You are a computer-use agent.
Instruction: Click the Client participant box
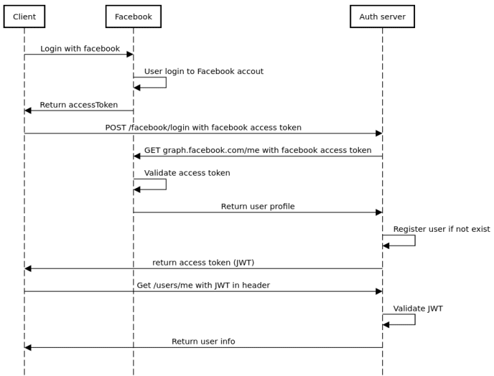tap(24, 16)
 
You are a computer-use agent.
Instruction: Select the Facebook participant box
tap(133, 16)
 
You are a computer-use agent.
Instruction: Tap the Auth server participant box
tap(382, 16)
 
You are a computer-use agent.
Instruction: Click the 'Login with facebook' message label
tap(80, 49)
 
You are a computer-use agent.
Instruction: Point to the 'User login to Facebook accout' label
tap(203, 71)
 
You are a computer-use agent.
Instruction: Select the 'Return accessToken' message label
tap(78, 105)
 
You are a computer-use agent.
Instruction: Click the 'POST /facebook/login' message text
tap(203, 128)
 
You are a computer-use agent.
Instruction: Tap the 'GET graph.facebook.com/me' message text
tap(257, 150)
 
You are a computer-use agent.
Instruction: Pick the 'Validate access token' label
tap(187, 173)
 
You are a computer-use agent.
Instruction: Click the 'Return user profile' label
tap(257, 207)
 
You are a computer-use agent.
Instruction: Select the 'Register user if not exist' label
tap(441, 229)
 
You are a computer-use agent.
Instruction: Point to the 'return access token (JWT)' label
tap(203, 263)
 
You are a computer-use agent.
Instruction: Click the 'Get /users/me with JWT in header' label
tap(203, 285)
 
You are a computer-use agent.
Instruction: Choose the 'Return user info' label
tap(203, 342)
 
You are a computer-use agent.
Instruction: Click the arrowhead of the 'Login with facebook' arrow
tap(130, 54)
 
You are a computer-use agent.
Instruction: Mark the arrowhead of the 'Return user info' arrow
tap(28, 347)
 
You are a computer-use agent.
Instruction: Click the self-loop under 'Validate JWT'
tap(414, 319)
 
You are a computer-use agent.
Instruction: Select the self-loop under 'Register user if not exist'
tap(414, 240)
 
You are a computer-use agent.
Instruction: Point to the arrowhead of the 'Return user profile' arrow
tap(378, 212)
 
